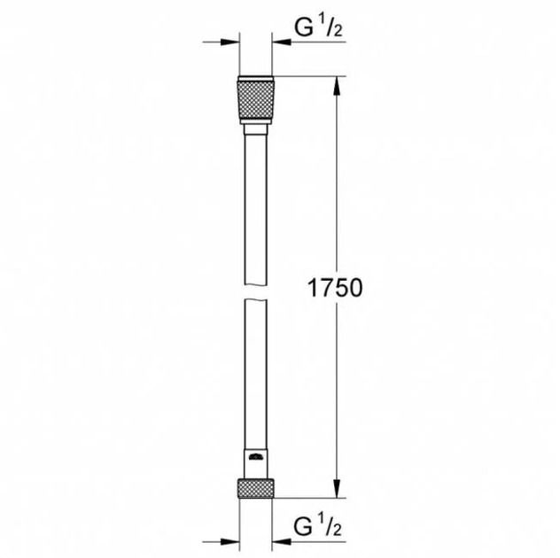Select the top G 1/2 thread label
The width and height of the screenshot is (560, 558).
(318, 29)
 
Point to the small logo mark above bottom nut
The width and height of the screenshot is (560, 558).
(256, 457)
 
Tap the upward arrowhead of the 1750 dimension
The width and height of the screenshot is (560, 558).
(336, 87)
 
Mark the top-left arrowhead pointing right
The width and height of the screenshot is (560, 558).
(231, 41)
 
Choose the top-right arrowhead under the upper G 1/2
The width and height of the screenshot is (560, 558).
(282, 41)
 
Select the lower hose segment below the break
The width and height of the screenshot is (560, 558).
(256, 372)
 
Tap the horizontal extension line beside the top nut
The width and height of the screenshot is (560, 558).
(310, 79)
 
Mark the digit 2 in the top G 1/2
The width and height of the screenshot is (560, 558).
(338, 34)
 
